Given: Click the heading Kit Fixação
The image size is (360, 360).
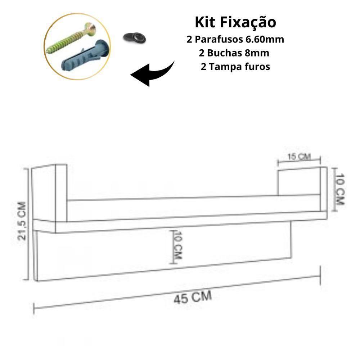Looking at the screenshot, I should click(x=235, y=22).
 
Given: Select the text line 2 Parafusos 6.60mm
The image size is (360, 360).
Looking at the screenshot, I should click(x=235, y=40).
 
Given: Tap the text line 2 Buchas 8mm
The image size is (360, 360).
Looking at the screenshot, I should click(x=234, y=53).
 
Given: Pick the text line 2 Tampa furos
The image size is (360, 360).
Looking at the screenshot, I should click(x=235, y=67).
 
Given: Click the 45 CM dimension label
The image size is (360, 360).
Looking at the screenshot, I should click(x=193, y=297).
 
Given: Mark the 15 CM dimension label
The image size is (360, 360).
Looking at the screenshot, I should click(x=298, y=157).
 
